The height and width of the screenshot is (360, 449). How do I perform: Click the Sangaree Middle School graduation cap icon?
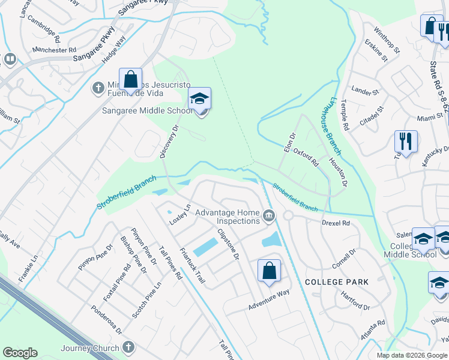[x=200, y=100]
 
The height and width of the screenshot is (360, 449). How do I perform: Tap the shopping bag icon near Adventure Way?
[x=270, y=271]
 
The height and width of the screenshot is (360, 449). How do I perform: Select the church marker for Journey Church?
[x=127, y=347]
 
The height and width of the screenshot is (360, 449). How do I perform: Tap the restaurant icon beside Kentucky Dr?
[x=406, y=142]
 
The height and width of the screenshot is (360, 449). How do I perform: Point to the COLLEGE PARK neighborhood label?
[x=336, y=281]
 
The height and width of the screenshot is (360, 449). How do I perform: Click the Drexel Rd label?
[x=336, y=223]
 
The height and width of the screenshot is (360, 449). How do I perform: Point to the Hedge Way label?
[x=114, y=49]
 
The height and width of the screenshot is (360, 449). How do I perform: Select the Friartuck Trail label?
[x=191, y=267]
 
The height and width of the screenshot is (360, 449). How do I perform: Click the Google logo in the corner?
[x=20, y=353]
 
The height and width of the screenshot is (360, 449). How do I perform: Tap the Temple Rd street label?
[x=345, y=115]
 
